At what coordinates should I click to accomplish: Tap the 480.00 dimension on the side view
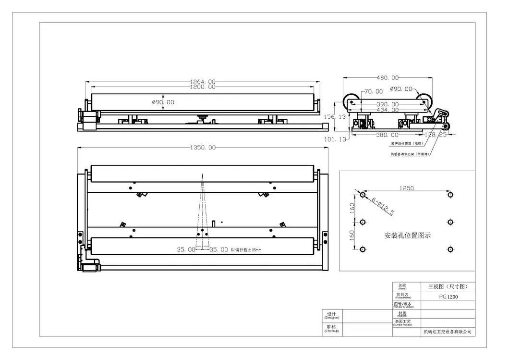pos(388,77)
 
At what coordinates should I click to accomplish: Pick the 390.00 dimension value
pos(388,104)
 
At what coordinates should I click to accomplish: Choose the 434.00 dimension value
pos(388,111)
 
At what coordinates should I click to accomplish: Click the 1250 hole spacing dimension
pos(406,189)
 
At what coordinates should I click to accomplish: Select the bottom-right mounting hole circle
pos(450,249)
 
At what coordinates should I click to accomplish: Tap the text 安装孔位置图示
pos(408,236)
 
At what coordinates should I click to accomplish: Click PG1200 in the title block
pos(448,297)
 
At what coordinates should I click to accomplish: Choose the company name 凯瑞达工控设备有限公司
pos(448,331)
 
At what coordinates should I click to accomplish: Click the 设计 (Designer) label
pos(332,315)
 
